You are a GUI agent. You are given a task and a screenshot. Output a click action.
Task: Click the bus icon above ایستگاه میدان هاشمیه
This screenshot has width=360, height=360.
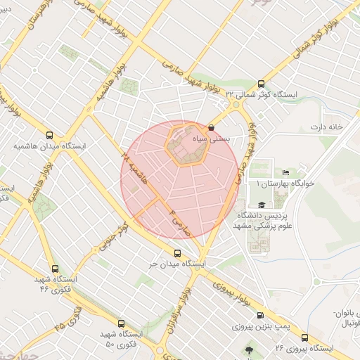(x=49, y=135)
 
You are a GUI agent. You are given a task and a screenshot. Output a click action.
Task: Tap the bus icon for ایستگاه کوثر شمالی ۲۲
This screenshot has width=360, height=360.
(x=262, y=83)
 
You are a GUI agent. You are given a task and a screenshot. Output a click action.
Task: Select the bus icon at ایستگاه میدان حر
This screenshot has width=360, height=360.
(x=177, y=254)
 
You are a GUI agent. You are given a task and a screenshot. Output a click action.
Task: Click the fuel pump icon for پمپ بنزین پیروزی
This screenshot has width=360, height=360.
(x=261, y=316)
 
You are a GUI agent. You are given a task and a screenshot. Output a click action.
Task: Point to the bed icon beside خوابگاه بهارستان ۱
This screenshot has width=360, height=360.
(x=285, y=172)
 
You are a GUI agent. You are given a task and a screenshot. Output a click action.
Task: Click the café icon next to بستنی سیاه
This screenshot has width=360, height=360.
(x=212, y=127)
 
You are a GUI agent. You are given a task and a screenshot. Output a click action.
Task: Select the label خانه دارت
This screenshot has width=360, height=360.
(x=326, y=127)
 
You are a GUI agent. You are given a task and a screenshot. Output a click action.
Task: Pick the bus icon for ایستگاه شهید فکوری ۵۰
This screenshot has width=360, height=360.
(x=122, y=324)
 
